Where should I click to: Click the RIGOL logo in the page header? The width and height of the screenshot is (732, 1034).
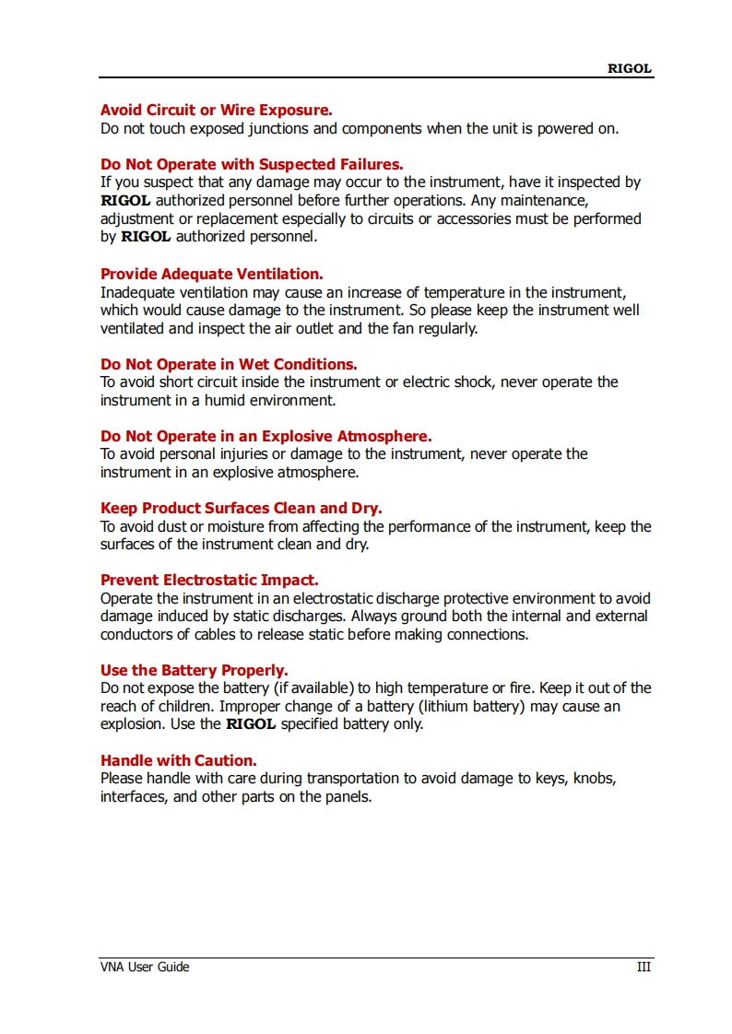[x=629, y=68]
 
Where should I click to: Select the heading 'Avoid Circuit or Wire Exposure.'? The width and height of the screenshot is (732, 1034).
[x=216, y=111]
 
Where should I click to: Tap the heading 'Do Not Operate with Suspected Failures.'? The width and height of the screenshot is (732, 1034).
[x=251, y=165]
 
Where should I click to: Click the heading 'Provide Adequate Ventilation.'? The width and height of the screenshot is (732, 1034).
[x=211, y=274]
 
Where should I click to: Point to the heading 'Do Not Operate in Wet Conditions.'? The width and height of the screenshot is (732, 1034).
[x=229, y=364]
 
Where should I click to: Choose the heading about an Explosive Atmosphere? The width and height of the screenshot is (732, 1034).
[x=266, y=436]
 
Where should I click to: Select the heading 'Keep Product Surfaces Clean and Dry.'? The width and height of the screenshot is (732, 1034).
[x=241, y=508]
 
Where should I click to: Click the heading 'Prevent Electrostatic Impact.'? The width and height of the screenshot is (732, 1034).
[x=209, y=581]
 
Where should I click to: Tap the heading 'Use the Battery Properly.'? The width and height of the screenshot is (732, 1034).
[x=194, y=670]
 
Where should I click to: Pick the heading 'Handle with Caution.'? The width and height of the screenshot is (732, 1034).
[x=178, y=760]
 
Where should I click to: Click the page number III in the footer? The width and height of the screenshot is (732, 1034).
[x=643, y=967]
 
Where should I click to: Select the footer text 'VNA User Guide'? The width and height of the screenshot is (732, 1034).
[x=145, y=967]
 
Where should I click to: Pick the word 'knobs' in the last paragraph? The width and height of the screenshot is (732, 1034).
[x=595, y=779]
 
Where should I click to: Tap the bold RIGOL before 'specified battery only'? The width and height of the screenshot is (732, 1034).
[x=251, y=724]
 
